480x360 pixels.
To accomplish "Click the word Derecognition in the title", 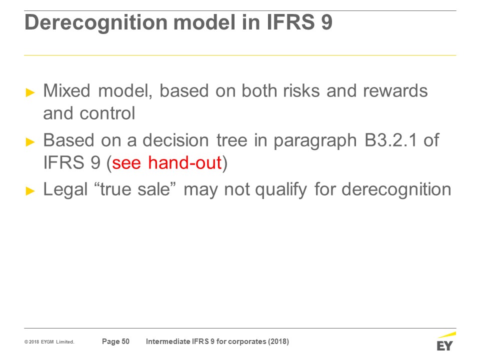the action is pos(96,23).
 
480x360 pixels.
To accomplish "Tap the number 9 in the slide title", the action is pos(326,22).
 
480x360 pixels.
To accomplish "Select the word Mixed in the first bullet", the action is pos(66,90).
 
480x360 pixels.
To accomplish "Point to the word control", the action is pos(107,113).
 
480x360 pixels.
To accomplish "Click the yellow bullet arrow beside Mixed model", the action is pos(30,92).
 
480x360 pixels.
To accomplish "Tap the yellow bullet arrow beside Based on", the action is pos(30,141).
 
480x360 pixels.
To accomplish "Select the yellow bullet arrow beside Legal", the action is pos(30,190).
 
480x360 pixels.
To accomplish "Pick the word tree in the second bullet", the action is pos(231,140).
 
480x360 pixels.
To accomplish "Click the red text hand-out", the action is pos(184,162).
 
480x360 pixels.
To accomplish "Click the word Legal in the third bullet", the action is pos(65,189).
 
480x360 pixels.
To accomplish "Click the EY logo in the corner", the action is pos(445,341).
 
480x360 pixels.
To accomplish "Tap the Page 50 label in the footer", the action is pos(115,341).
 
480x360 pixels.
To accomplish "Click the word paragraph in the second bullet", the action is pos(315,141).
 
